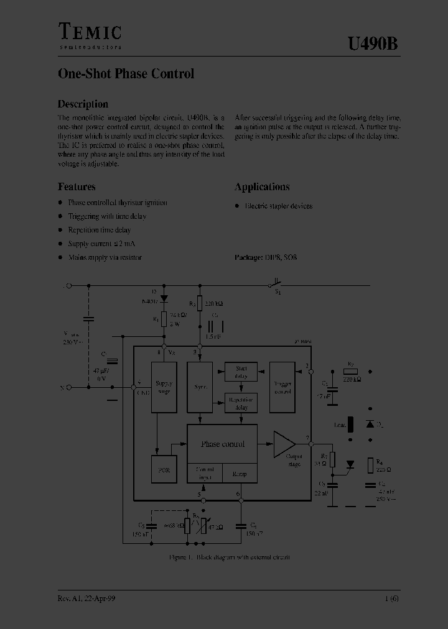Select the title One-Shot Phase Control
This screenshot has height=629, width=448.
[x=126, y=73]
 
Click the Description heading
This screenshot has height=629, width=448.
[x=83, y=104]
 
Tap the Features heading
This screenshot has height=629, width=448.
[x=77, y=186]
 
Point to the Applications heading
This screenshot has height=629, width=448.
[x=262, y=186]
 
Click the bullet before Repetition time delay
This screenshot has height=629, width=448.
[x=60, y=230]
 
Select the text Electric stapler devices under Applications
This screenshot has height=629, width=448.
[x=279, y=206]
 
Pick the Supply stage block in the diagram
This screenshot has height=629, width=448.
[x=164, y=387]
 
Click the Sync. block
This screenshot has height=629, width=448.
[x=200, y=387]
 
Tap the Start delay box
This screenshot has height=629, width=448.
[x=241, y=372]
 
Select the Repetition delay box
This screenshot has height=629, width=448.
[x=241, y=403]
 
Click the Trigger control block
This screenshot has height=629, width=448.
[x=282, y=387]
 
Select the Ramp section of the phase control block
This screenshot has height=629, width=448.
[x=240, y=474]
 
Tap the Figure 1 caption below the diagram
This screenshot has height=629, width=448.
[x=229, y=557]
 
